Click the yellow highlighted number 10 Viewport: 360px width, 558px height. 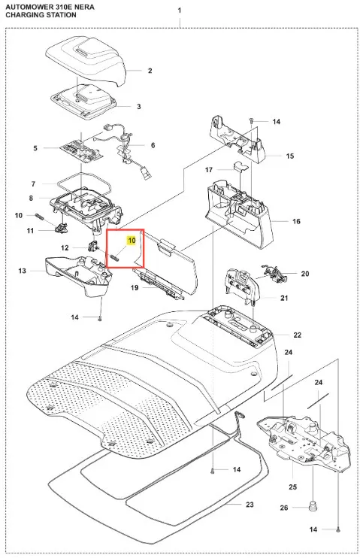coord(132,241)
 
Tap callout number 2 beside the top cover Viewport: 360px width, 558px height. coord(150,71)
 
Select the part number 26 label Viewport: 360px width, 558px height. coord(284,508)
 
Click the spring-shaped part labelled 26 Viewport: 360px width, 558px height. coord(313,507)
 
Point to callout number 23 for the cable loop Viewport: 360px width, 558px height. coord(250,505)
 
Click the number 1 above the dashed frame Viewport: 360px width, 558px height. coord(180,11)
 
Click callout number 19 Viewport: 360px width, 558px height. coord(134,287)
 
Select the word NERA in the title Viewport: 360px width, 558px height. coord(85,7)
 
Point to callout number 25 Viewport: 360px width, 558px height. coord(292,487)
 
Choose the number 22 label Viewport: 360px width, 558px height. coord(297,335)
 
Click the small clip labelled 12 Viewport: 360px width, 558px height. coord(92,246)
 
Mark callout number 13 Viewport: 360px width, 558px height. coord(22,271)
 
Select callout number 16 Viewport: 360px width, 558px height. coord(296,221)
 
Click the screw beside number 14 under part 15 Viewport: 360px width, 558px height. coord(251,120)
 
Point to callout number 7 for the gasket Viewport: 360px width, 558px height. coord(33,184)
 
